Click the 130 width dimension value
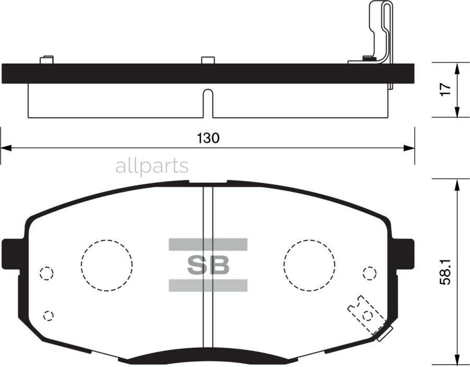coord(208,138)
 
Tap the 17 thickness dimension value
coord(444,89)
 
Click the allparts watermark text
coord(151,167)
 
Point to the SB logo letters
coord(208,265)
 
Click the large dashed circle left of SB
coord(107,265)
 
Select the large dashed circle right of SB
coord(309,265)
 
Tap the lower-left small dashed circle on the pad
coord(49,315)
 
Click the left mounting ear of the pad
coord(11,252)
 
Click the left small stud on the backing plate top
coord(46,60)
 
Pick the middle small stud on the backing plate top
coord(208,60)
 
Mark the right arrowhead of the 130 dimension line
coord(409,148)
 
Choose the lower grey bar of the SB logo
coord(208,285)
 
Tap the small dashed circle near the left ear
coord(46,273)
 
